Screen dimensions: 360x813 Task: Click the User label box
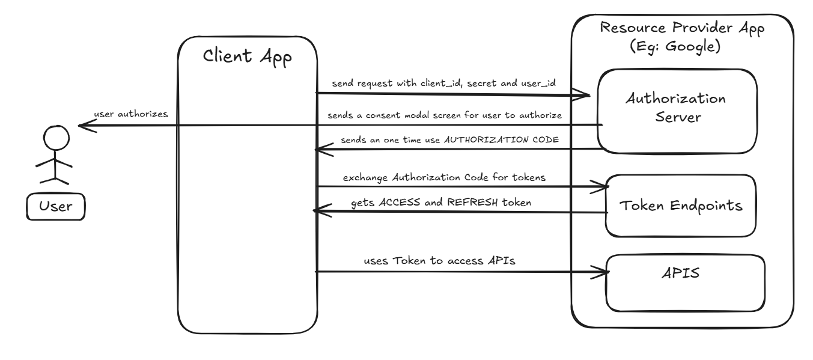[55, 207]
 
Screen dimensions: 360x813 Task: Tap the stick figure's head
[55, 139]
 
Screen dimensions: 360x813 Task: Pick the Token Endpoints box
[678, 205]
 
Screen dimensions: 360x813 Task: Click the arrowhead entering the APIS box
[604, 272]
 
